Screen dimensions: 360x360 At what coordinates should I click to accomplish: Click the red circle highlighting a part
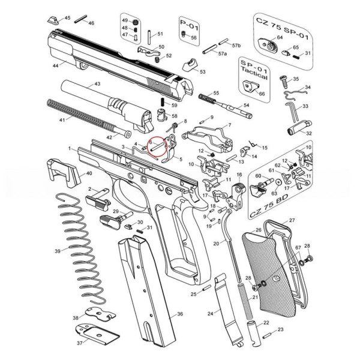159,147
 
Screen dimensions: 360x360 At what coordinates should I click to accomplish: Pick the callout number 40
89,173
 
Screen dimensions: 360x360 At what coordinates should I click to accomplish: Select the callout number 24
210,314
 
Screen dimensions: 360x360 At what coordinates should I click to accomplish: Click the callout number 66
261,94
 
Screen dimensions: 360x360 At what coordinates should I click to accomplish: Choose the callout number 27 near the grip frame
292,221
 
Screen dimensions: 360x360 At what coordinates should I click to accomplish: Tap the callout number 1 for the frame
70,148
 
